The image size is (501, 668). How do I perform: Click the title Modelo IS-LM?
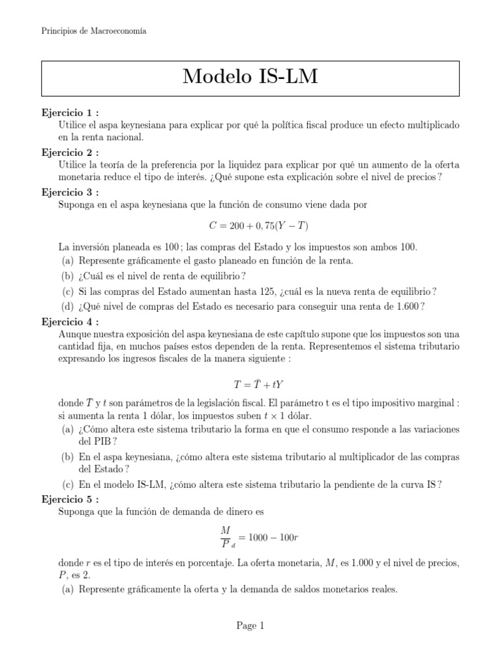click(x=250, y=77)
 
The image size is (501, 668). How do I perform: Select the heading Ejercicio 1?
click(x=70, y=113)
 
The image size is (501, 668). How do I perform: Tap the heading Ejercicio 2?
click(x=70, y=151)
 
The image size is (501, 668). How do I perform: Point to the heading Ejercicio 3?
click(x=70, y=192)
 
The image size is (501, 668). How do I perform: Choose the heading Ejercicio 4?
click(x=70, y=322)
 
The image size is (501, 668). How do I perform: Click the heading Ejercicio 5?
click(x=70, y=499)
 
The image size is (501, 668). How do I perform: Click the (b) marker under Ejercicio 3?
click(x=67, y=276)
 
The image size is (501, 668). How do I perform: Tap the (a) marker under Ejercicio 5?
click(x=67, y=590)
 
